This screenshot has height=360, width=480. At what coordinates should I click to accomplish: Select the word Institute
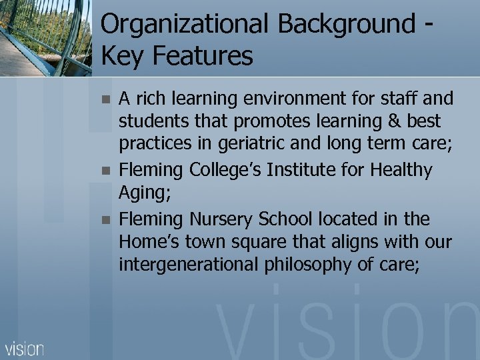[x=297, y=170]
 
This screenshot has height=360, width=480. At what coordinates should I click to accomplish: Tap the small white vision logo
[x=25, y=349]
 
